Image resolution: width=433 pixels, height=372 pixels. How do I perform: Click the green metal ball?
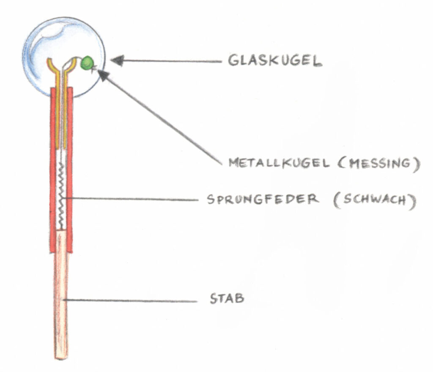[88, 63]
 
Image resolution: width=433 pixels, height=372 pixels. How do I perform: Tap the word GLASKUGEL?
[275, 61]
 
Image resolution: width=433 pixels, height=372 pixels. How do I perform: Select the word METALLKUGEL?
[279, 163]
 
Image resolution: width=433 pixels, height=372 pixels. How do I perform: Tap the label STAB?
[227, 299]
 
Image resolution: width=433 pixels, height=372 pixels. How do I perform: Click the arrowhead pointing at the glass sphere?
[117, 61]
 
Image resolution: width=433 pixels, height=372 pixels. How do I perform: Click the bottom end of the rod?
[60, 356]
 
